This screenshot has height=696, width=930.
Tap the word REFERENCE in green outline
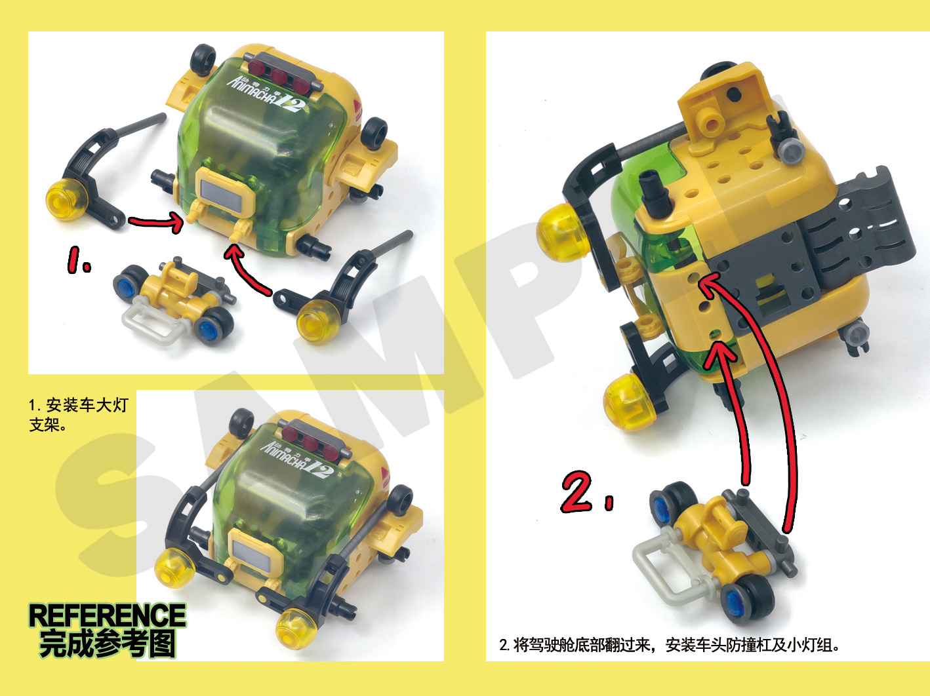[x=107, y=615]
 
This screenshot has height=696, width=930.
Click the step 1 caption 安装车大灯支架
[x=79, y=415]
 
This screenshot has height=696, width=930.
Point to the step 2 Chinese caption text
[x=669, y=645]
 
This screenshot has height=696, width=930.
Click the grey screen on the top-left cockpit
[x=223, y=193]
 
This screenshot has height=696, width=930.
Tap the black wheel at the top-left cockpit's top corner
[x=203, y=59]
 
